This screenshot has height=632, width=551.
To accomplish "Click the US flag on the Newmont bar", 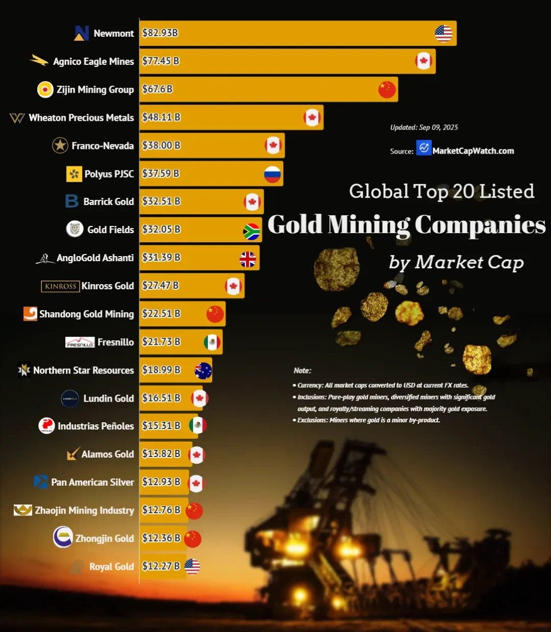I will click(443, 34).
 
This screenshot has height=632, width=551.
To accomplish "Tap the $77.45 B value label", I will click(161, 61).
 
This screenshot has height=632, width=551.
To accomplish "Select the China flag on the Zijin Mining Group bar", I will click(387, 89).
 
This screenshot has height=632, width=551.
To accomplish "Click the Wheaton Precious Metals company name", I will click(81, 118).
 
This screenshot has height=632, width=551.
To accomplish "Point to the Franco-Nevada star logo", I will click(60, 145).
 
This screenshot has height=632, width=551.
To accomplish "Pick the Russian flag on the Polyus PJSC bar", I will click(272, 174).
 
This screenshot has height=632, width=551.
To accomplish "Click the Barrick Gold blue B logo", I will click(72, 201).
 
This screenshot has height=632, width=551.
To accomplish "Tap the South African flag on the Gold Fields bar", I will click(251, 232).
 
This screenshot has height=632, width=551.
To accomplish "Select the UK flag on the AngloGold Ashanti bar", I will click(248, 259).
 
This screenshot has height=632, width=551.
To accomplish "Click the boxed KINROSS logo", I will click(60, 286).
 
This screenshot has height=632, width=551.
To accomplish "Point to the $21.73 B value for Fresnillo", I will click(161, 342).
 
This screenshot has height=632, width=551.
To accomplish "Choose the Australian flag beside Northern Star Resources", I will click(203, 371).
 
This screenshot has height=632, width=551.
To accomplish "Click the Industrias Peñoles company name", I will click(96, 426).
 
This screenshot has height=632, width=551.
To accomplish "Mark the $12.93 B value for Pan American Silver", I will click(161, 482).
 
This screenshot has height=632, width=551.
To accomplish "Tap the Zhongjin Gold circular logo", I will click(63, 537).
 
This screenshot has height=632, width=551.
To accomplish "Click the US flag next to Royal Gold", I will click(192, 566).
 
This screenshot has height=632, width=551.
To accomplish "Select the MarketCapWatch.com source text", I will click(473, 150).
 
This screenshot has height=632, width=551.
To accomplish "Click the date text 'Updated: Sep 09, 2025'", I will click(424, 128).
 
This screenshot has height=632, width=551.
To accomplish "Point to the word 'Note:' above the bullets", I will click(303, 370).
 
